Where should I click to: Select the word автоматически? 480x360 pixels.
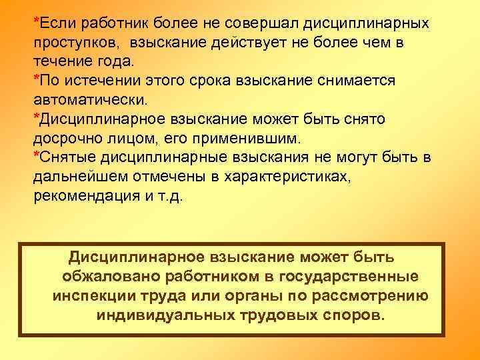88,99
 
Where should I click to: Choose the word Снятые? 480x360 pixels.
66,157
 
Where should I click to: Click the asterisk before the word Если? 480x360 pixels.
37,19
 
